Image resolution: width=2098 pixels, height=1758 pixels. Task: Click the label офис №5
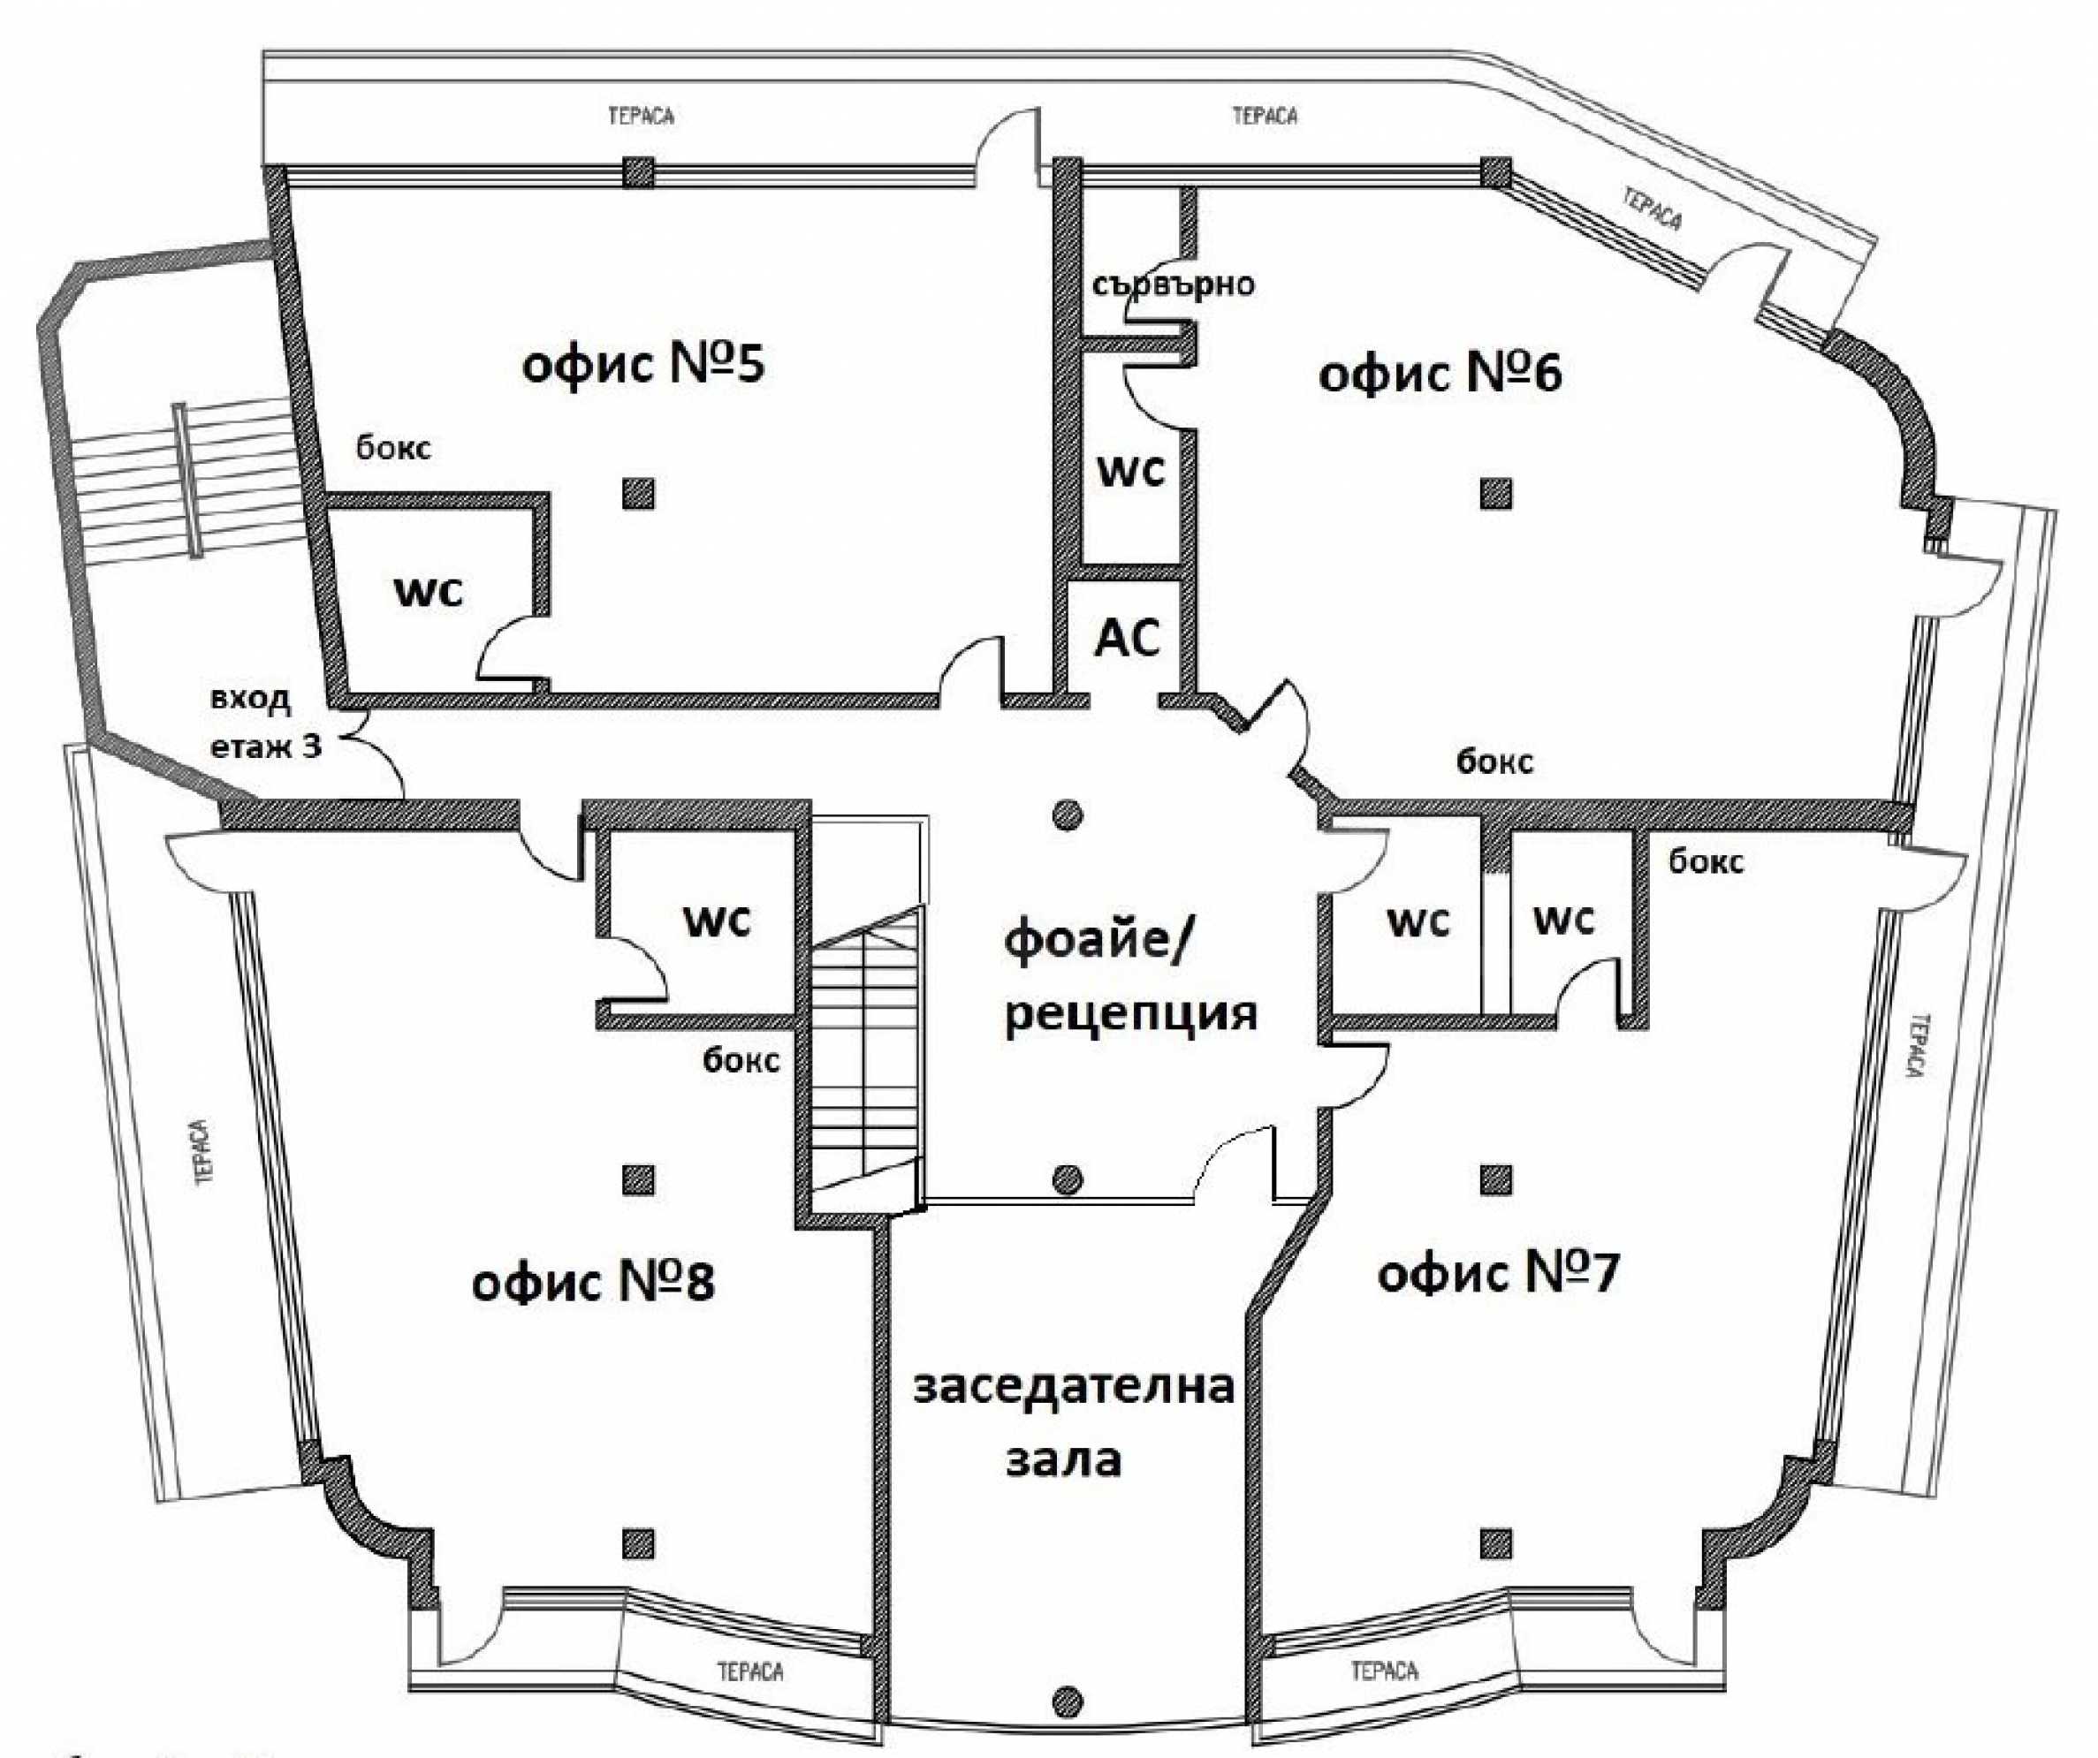pyautogui.click(x=643, y=365)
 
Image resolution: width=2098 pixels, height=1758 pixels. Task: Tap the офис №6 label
pyautogui.click(x=1440, y=375)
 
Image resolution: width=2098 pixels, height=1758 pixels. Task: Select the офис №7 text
pyautogui.click(x=1498, y=1275)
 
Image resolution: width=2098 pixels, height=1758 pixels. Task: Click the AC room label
pyautogui.click(x=1128, y=637)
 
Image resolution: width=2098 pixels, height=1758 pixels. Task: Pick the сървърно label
pyautogui.click(x=1173, y=285)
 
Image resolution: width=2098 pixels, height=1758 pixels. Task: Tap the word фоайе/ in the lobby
pyautogui.click(x=1096, y=942)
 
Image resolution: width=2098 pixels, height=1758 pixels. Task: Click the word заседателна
pyautogui.click(x=1074, y=1388)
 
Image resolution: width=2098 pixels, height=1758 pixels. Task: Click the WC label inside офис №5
pyautogui.click(x=429, y=592)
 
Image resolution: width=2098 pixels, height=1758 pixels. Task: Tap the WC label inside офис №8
pyautogui.click(x=717, y=921)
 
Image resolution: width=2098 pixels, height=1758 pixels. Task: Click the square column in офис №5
pyautogui.click(x=638, y=494)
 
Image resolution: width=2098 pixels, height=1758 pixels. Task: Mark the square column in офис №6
pyautogui.click(x=1495, y=494)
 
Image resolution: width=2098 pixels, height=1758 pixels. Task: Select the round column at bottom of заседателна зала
pyautogui.click(x=1068, y=1700)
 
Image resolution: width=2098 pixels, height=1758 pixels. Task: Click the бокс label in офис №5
pyautogui.click(x=393, y=448)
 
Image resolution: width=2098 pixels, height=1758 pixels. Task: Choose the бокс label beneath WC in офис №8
pyautogui.click(x=741, y=1060)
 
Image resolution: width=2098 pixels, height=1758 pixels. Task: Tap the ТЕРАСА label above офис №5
pyautogui.click(x=642, y=116)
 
